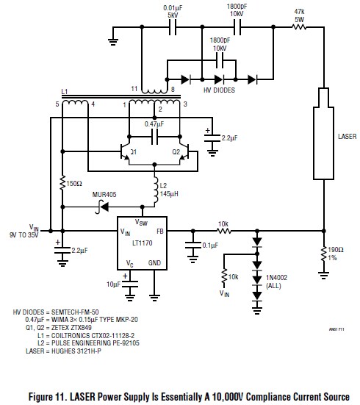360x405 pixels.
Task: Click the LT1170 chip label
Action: [x=142, y=243]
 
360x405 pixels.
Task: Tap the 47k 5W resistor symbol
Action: [x=299, y=26]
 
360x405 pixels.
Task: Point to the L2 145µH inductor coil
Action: [x=156, y=190]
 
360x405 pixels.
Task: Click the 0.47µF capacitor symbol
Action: [x=154, y=137]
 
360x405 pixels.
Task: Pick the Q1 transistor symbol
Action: [x=125, y=151]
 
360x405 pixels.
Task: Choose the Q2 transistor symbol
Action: [x=184, y=151]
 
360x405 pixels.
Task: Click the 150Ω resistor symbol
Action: [x=62, y=183]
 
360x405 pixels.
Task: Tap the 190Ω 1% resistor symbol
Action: [x=323, y=254]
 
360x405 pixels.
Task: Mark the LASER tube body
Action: [x=323, y=134]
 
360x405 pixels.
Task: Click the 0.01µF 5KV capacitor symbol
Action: [x=173, y=27]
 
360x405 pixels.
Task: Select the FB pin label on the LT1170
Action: [x=160, y=232]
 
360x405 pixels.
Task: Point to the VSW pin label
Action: [x=141, y=222]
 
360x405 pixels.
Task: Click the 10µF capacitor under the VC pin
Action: [x=129, y=284]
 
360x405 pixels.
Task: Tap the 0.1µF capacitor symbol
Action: [x=193, y=245]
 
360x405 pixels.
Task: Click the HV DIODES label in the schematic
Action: [x=219, y=90]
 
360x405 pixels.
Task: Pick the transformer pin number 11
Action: [x=134, y=89]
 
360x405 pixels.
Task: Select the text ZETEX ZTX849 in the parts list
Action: [x=71, y=328]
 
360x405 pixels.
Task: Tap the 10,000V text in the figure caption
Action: [x=228, y=397]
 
